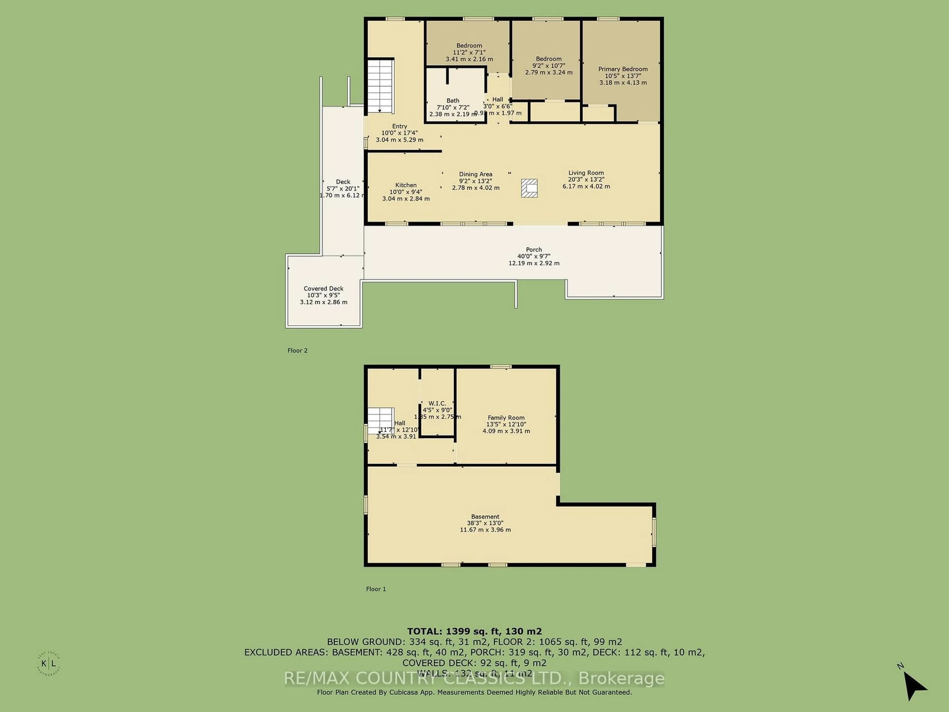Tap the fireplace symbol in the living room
point(529,188)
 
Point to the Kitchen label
point(406,185)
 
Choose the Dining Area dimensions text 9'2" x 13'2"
point(475,181)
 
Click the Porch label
point(534,249)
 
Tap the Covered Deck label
point(324,289)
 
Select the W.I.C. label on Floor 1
point(437,403)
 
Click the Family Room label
point(506,418)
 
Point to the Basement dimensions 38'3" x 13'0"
point(485,523)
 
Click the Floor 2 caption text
point(297,350)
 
